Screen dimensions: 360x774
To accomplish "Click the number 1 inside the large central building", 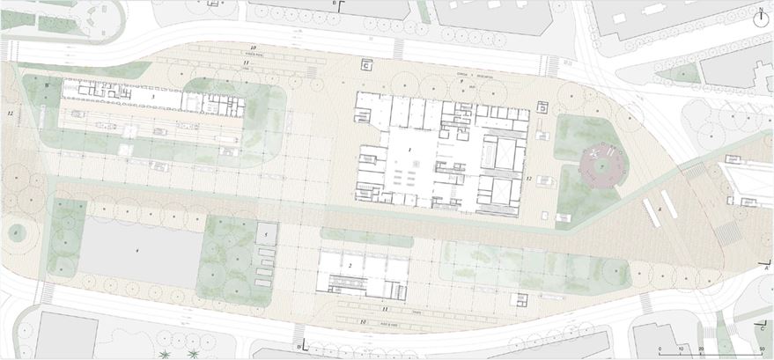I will point(410,151).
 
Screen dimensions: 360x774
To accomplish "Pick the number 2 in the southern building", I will point(350,265).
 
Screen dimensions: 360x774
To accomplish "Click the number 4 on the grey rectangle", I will point(136,251).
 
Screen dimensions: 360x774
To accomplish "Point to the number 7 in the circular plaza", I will point(601,164).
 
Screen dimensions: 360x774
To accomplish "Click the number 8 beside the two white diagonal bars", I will point(659,209).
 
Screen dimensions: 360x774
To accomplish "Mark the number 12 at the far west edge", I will point(10,114).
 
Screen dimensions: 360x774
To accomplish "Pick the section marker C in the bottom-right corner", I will point(759,328).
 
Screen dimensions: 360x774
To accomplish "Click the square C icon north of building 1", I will point(367,65).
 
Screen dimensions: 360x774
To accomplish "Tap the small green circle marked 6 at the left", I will point(15,232).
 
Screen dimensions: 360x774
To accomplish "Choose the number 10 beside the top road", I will point(253,47).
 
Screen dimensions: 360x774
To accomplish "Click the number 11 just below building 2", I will point(385,310).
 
